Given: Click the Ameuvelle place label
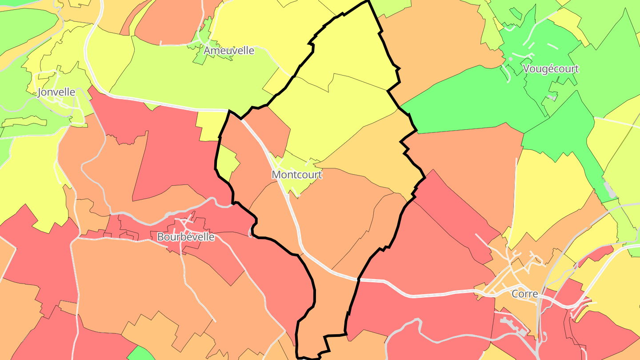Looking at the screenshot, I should (x=229, y=51).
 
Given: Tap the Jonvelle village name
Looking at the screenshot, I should (x=56, y=92).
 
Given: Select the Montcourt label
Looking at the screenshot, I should (x=296, y=175).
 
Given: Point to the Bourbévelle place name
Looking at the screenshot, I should (x=186, y=237).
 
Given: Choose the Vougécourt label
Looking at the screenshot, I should (x=551, y=69).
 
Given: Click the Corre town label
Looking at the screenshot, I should (x=525, y=294).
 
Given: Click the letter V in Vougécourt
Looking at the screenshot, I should (x=527, y=69).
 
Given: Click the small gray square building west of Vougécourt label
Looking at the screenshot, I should (x=511, y=59).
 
